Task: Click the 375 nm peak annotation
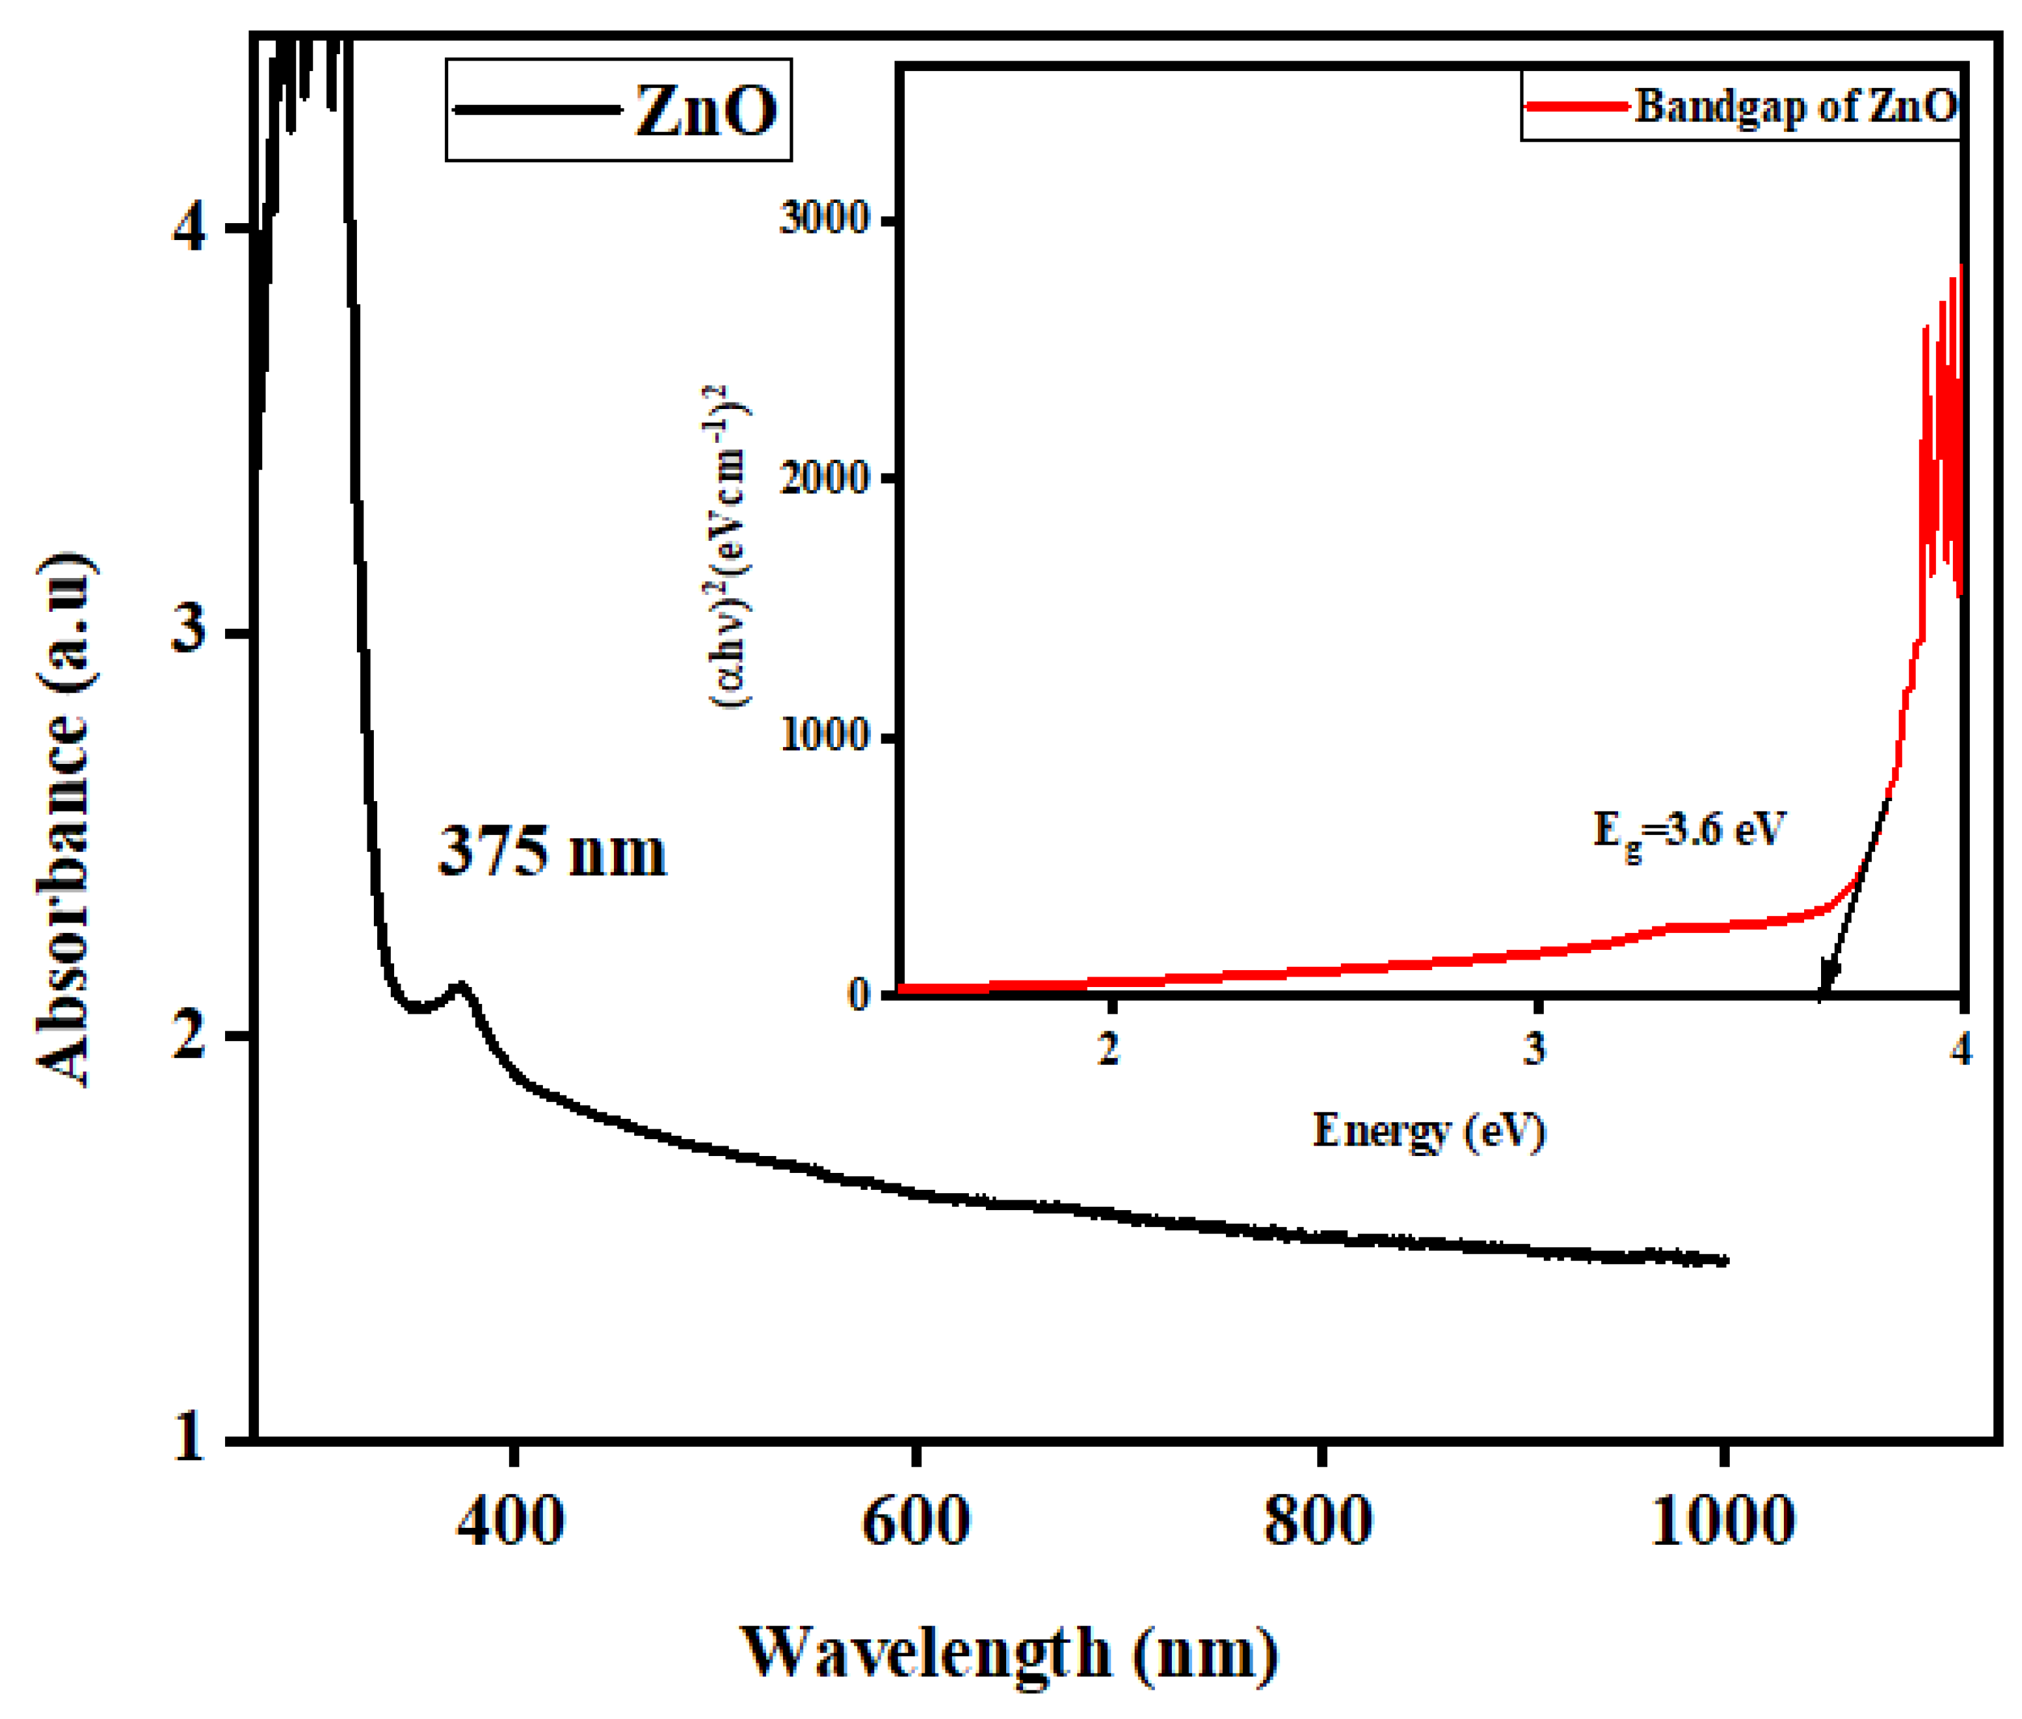pyautogui.click(x=551, y=853)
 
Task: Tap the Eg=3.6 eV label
pyautogui.click(x=1688, y=831)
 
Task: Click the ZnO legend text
pyautogui.click(x=705, y=110)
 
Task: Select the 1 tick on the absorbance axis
pyautogui.click(x=188, y=1437)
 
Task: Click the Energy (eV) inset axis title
pyautogui.click(x=1428, y=1131)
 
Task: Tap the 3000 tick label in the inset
pyautogui.click(x=823, y=219)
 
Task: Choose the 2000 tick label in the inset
pyautogui.click(x=823, y=478)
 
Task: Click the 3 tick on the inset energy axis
pyautogui.click(x=1535, y=1048)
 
